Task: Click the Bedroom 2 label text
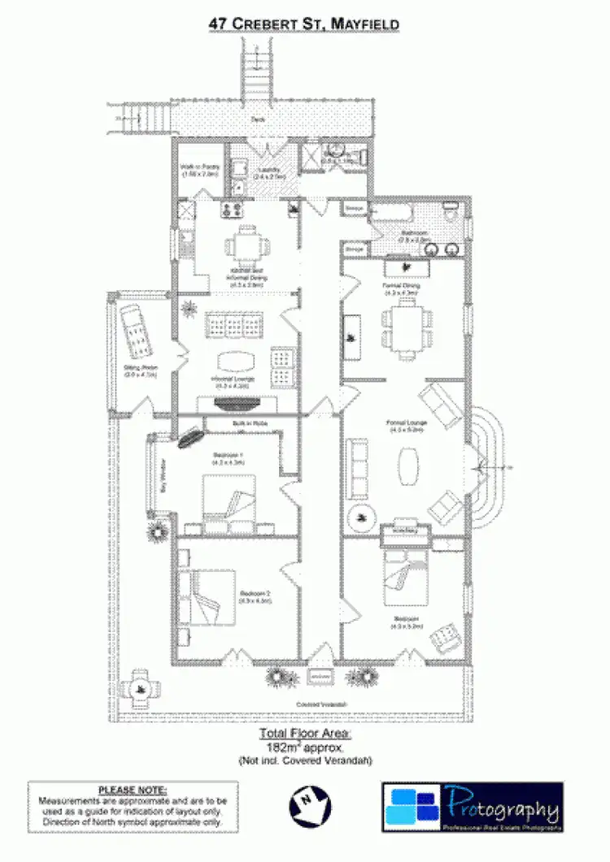255,597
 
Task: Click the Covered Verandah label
321,704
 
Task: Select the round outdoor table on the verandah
140,689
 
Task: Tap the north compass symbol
310,805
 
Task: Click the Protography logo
473,806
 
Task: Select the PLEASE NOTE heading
133,790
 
